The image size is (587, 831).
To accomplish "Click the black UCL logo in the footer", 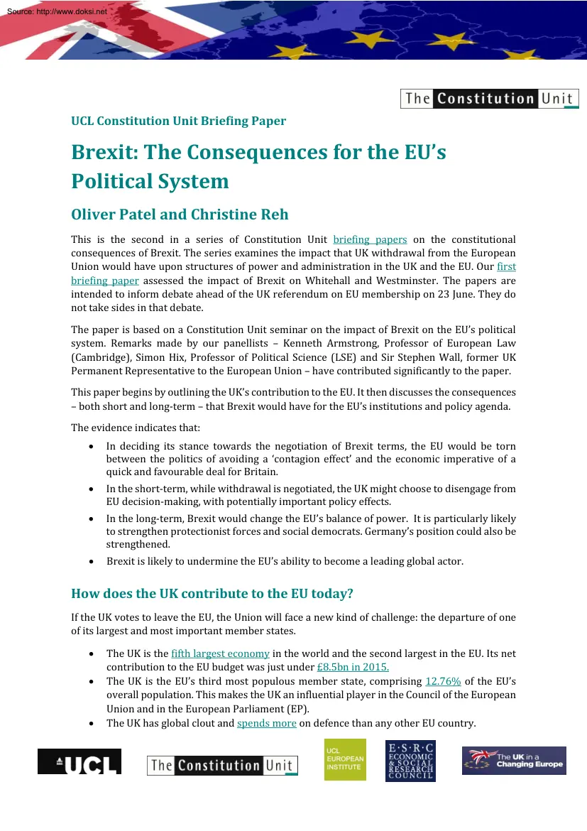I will (79, 761).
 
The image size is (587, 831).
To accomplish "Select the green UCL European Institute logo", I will (345, 760).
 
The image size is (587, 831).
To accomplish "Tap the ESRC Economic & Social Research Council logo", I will (410, 760).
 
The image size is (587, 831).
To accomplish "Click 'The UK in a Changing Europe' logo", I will (514, 761).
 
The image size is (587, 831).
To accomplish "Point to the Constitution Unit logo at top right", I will (490, 99).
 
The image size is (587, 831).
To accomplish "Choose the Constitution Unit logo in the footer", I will (222, 765).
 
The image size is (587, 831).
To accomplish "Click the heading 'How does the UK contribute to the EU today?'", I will (212, 593).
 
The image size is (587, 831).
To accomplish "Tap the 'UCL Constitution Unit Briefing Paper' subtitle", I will (178, 121).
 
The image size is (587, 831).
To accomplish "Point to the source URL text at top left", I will (55, 12).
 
